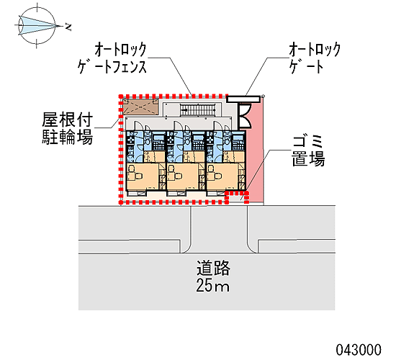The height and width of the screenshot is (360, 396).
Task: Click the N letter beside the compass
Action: point(68,27)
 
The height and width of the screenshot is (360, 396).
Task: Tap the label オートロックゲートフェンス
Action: point(112,58)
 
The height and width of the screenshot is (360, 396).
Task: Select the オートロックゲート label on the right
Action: point(315,58)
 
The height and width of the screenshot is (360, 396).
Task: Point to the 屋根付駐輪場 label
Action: point(67,129)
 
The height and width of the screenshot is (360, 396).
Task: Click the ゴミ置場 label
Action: point(308,150)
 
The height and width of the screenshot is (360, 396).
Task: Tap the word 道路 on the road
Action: point(213,268)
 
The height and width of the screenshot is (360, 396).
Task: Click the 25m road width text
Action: point(213,285)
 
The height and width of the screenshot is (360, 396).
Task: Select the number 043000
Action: point(359,350)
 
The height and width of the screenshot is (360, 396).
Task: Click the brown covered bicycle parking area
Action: point(140,107)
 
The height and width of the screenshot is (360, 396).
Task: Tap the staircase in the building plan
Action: point(198,110)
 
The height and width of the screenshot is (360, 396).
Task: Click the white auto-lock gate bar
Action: point(243,99)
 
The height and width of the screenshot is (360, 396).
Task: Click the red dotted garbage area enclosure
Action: point(237,197)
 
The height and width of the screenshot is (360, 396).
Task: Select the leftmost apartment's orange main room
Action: point(143,176)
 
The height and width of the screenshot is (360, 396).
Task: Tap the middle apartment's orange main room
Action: point(183,176)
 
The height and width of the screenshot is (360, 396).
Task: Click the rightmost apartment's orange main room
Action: point(223,176)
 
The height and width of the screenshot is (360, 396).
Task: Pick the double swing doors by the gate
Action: point(245,117)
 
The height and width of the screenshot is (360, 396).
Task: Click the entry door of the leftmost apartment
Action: point(138,125)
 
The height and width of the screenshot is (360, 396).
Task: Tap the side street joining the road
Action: point(219,229)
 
